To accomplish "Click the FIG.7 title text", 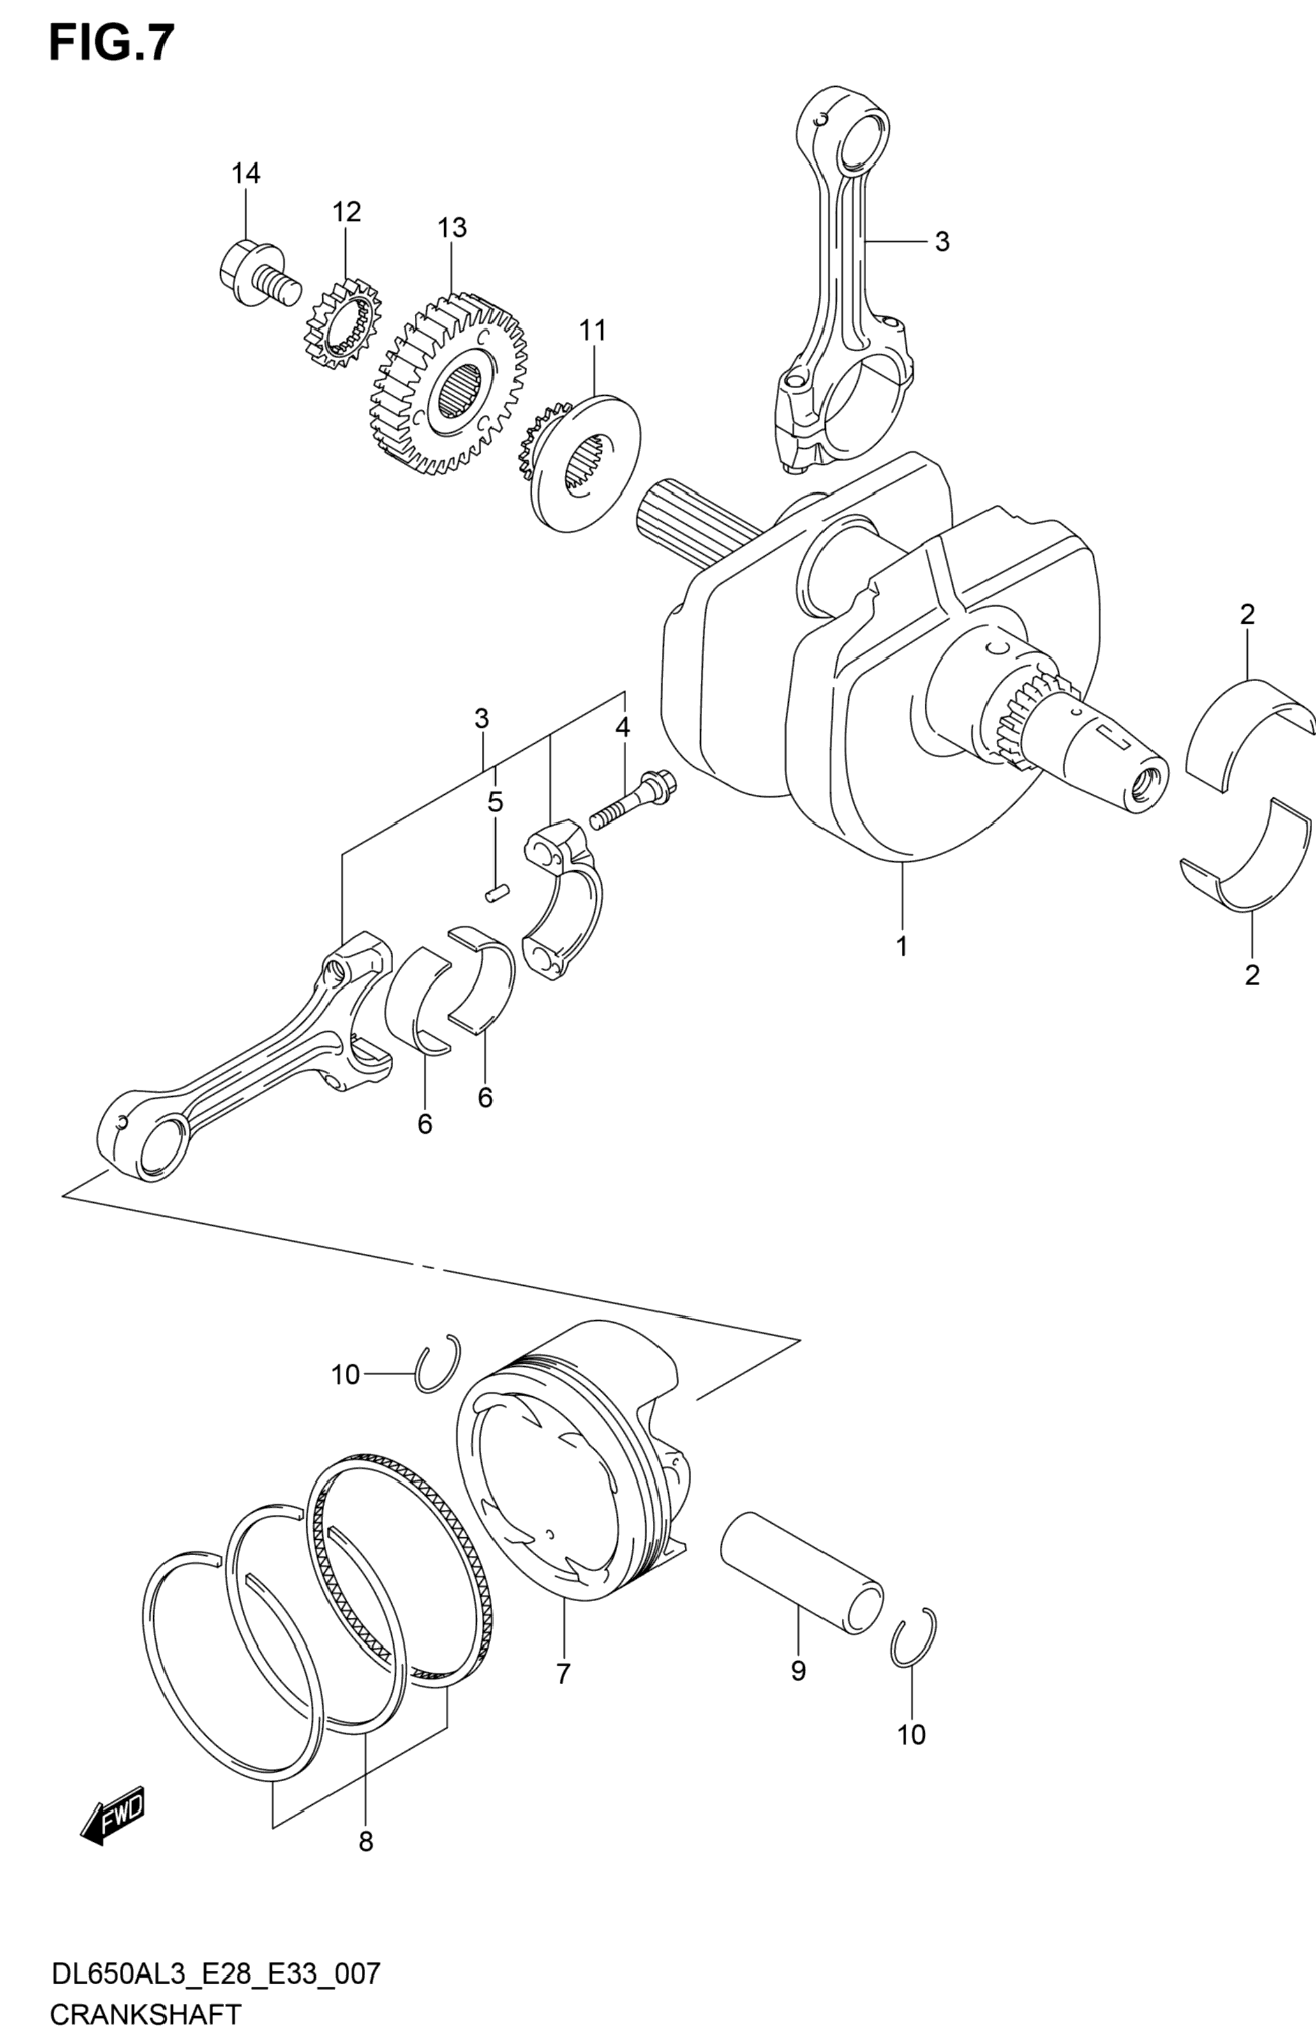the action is [112, 43].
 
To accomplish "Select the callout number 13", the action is [453, 228].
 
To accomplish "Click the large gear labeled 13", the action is [448, 383].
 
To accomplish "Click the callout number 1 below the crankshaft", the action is [902, 946].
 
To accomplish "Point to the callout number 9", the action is [798, 1671].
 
